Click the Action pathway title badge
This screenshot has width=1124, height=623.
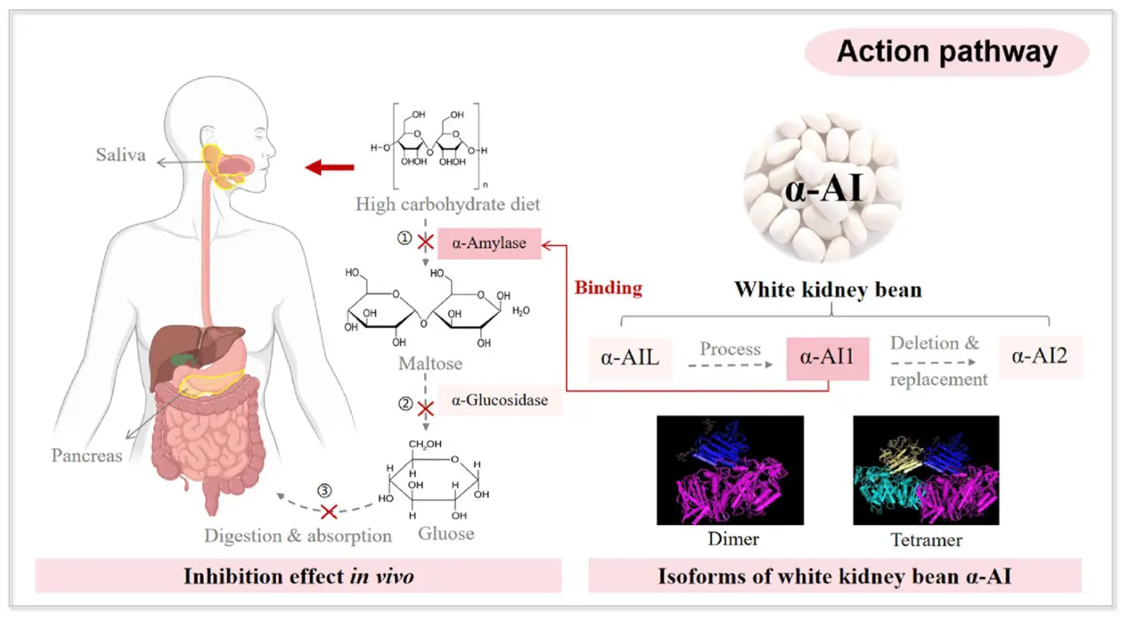point(947,52)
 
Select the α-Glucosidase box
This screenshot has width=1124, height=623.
point(499,400)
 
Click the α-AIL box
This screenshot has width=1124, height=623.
point(630,356)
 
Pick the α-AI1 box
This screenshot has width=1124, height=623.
point(828,356)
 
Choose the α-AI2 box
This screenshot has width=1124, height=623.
point(1040,356)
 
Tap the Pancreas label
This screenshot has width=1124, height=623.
point(87,455)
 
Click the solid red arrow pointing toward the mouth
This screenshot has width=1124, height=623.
point(330,167)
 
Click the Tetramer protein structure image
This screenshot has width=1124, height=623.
point(926,470)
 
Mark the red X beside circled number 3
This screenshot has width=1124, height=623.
point(329,511)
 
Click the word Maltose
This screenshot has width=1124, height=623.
point(430,364)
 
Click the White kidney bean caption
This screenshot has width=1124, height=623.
point(828,289)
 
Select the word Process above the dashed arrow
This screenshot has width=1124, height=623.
point(730,348)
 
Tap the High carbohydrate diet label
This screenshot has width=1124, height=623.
point(448,204)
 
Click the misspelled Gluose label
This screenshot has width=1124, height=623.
point(446,533)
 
